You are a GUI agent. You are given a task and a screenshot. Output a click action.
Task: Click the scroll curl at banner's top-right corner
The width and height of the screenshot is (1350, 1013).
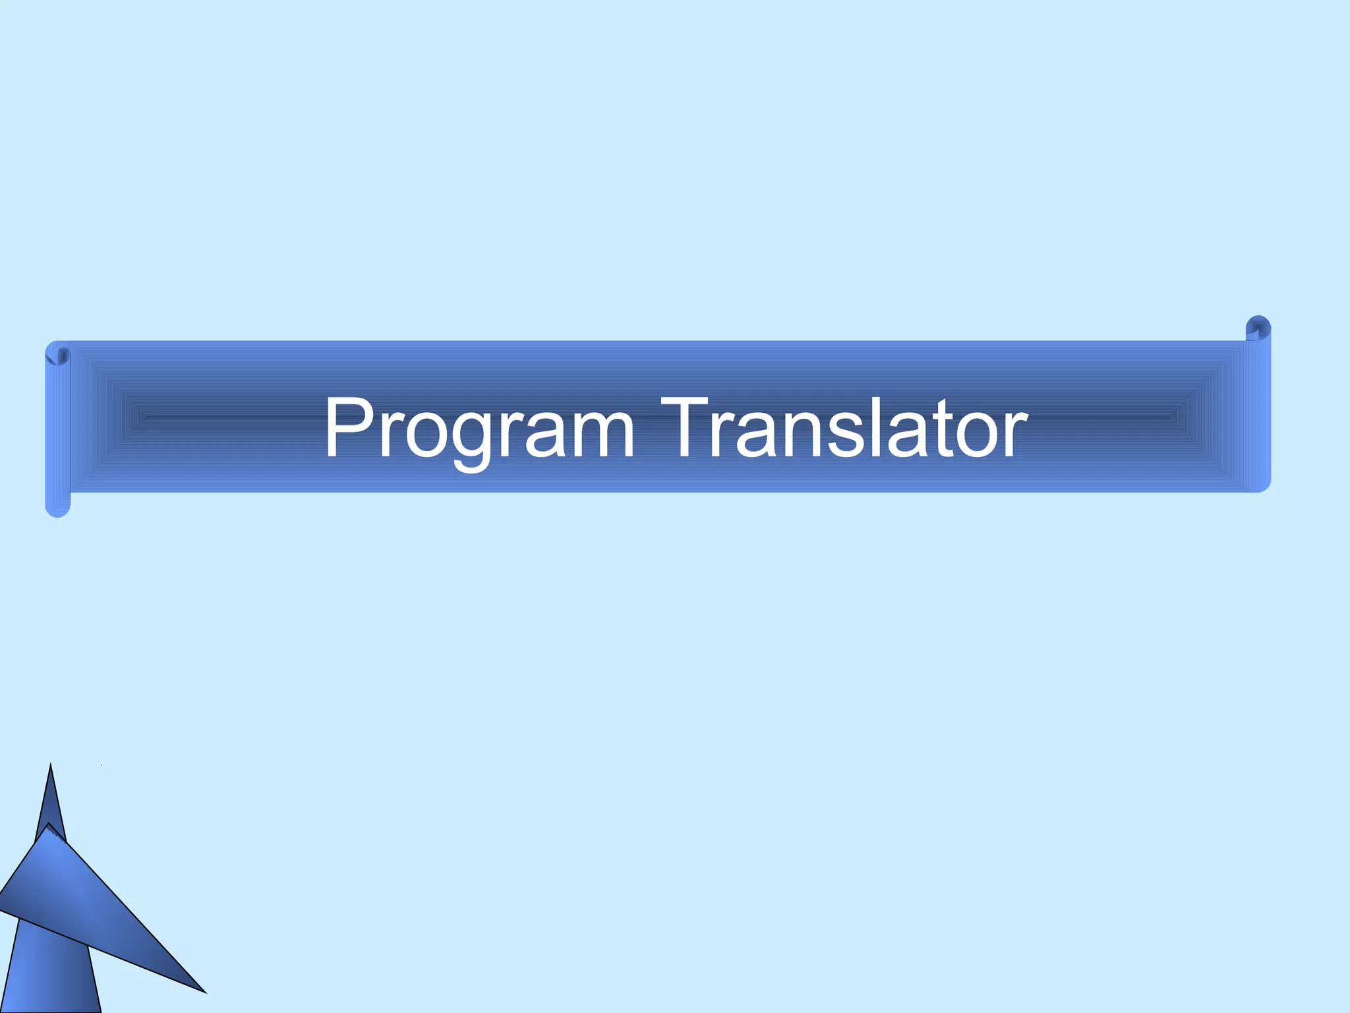point(1258,328)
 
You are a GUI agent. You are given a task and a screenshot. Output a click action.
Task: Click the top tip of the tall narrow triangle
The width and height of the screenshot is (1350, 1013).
point(51,766)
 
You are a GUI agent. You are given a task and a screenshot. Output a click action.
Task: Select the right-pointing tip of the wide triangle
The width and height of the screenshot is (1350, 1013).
point(204,991)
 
